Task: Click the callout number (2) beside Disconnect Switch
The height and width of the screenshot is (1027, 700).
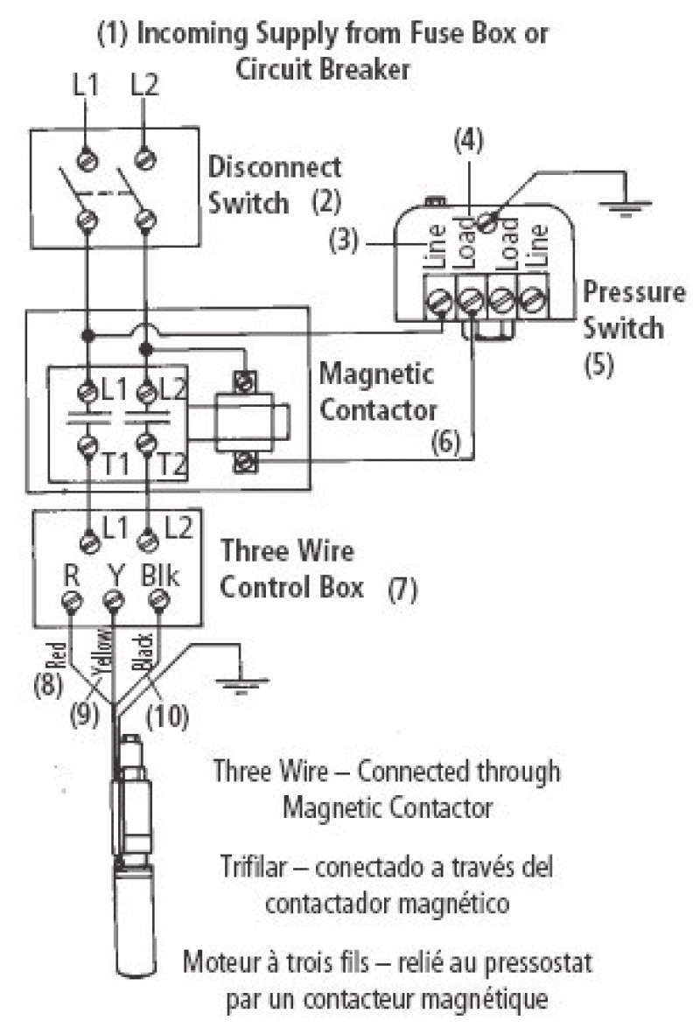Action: pos(327,203)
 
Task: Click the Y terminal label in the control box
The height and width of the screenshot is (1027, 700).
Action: pos(114,576)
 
